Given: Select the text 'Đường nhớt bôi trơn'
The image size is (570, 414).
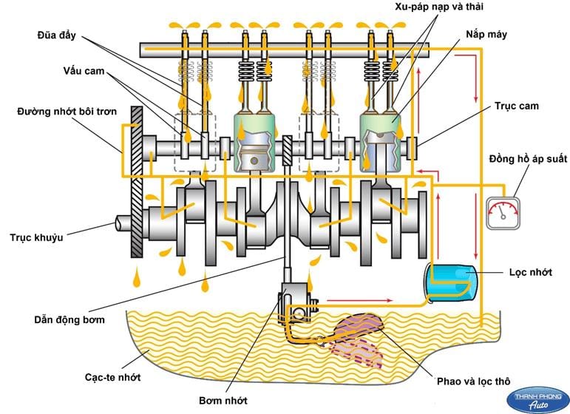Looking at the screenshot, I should click(x=62, y=112).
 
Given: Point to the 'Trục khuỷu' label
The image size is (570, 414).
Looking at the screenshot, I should click(x=37, y=238).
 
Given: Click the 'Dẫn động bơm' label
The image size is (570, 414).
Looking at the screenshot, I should click(x=69, y=320).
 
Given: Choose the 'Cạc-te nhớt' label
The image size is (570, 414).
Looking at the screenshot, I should click(x=112, y=377).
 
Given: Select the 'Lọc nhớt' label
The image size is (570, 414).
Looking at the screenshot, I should click(x=531, y=272).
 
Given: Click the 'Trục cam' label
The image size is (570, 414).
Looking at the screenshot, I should click(x=517, y=106).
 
